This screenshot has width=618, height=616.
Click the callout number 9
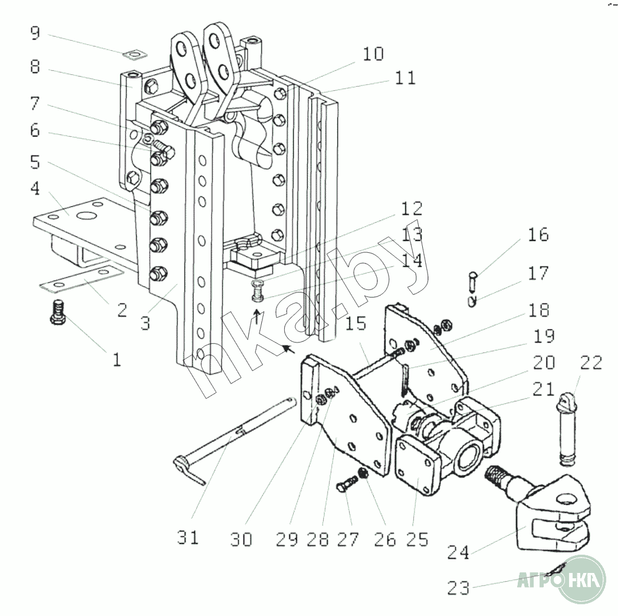[x=36, y=32]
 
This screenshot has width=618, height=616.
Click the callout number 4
[x=36, y=190]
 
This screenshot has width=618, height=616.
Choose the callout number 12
[x=412, y=208]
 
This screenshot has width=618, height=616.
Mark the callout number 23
[x=459, y=588]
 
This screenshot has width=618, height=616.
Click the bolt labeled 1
[x=58, y=312]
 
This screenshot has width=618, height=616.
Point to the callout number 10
[x=373, y=54]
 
